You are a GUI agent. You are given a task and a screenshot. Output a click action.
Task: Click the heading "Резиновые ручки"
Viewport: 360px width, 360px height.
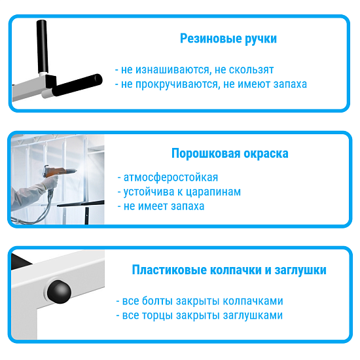[228, 39]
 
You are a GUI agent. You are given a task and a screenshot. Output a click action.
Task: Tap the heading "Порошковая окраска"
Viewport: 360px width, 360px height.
[230, 154]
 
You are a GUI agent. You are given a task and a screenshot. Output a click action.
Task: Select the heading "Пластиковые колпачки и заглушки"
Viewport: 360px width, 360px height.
[229, 270]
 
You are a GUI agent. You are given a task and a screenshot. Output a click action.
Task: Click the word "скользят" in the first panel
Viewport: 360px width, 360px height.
[252, 69]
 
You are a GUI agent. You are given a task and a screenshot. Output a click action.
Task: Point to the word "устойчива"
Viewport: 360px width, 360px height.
[148, 192]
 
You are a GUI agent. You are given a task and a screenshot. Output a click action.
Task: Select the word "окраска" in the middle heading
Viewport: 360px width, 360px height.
[266, 154]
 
